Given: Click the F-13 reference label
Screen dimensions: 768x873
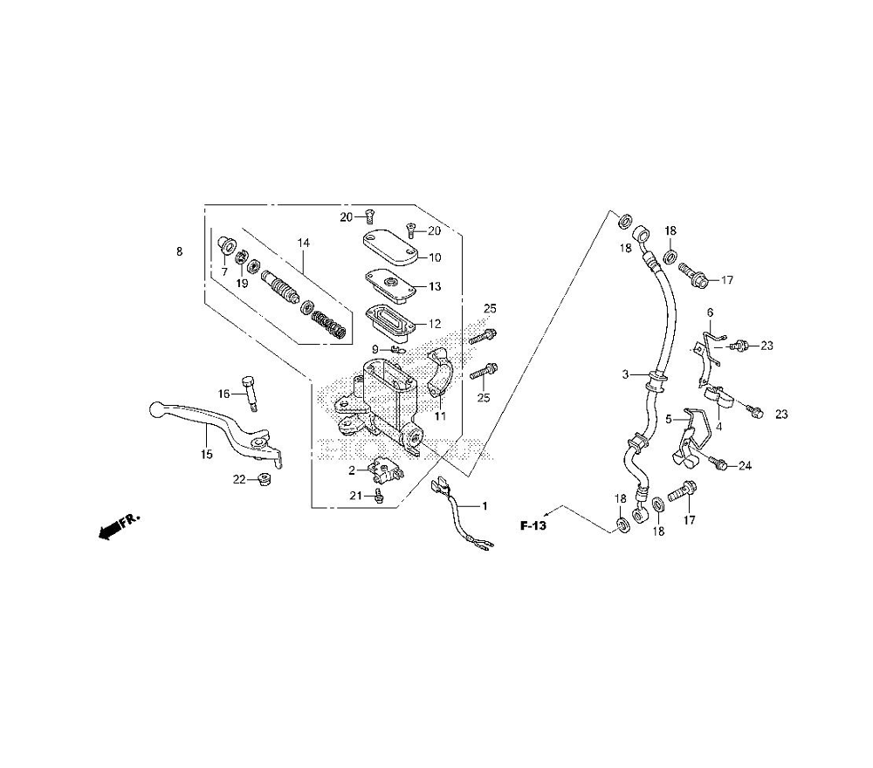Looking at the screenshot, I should (533, 526).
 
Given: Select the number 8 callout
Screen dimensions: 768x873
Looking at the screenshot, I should (179, 251).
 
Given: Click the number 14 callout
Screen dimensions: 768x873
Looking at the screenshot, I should (303, 243).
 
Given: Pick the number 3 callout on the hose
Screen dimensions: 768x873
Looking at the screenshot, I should (625, 374).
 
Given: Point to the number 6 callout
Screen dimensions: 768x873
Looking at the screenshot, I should (710, 312).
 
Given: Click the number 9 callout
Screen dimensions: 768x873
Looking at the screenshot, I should (375, 349).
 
